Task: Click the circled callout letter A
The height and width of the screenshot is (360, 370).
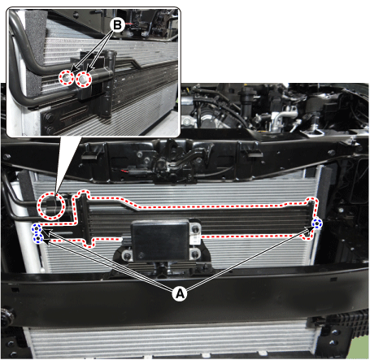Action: coord(180,293)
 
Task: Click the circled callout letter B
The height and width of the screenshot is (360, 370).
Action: coord(117,25)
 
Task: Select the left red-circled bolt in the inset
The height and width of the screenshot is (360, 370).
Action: coord(67,78)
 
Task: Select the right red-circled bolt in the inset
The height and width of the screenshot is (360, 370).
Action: coord(84,80)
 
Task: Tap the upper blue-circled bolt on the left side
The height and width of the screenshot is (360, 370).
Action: coord(37,228)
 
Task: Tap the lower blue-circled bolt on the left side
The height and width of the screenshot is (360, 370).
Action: coord(38,238)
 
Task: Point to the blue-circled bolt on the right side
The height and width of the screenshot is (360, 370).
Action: coord(316,223)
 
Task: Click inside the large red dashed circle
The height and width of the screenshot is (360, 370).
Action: coord(51,206)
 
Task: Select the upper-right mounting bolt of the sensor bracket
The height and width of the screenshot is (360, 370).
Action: coord(194,229)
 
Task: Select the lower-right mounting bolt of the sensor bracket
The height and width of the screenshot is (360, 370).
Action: coord(195,254)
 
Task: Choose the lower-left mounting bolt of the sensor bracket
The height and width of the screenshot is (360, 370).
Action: coord(127,255)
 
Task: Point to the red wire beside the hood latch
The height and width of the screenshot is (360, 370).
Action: coord(124,171)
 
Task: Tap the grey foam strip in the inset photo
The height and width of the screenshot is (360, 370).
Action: coord(35,49)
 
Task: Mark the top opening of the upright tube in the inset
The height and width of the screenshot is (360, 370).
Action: coord(111,53)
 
